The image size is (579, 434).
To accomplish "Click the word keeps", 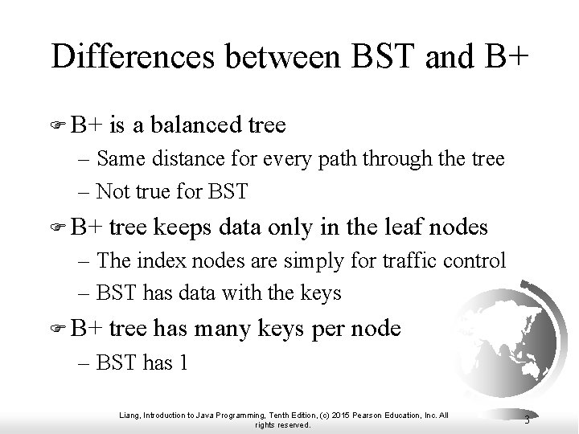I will click(x=179, y=227).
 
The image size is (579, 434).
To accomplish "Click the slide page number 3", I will click(x=525, y=420).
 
